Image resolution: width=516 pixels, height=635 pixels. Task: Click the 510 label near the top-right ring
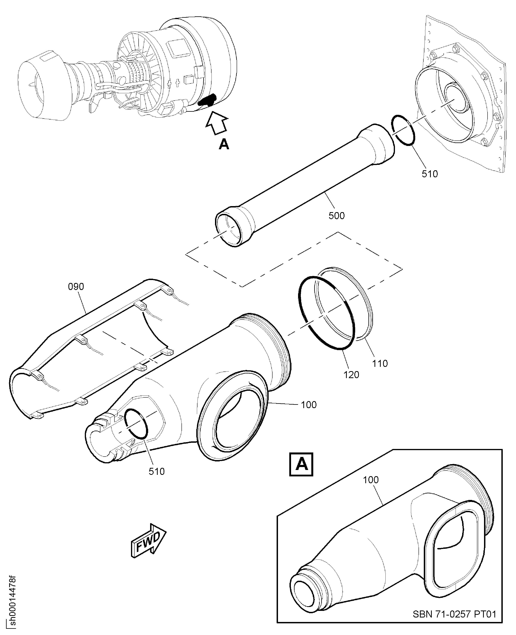pos(430,174)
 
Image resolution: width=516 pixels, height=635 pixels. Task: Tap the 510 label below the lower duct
pos(157,471)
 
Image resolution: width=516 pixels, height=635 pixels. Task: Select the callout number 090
pos(76,287)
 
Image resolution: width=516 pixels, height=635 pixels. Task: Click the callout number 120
pos(351,375)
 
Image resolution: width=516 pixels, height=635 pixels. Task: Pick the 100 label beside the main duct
pos(309,405)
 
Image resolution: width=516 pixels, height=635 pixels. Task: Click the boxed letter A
pos(301,464)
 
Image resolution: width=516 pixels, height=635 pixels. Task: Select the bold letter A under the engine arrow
pos(224,145)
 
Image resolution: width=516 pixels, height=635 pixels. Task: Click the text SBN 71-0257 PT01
pos(454,614)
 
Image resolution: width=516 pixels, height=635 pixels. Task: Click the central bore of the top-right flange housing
pos(456,98)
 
